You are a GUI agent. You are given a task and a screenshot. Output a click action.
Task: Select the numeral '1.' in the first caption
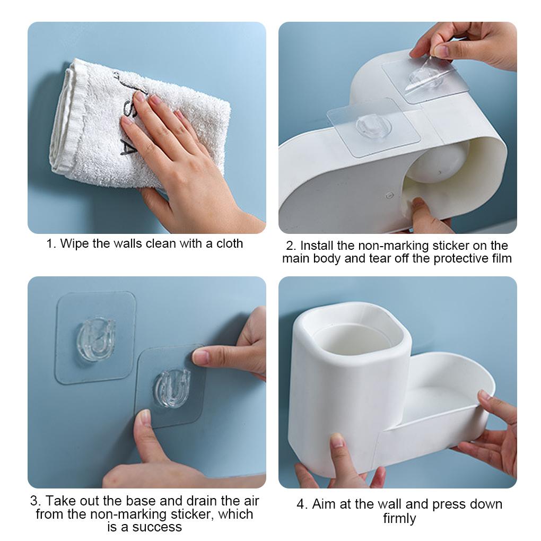51,244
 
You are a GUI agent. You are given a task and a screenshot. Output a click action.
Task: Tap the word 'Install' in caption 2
319,246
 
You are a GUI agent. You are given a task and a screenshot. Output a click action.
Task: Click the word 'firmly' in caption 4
399,518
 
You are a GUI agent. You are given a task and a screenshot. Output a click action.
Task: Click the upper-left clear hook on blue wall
95,338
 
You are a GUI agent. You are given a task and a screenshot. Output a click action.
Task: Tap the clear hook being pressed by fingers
171,387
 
